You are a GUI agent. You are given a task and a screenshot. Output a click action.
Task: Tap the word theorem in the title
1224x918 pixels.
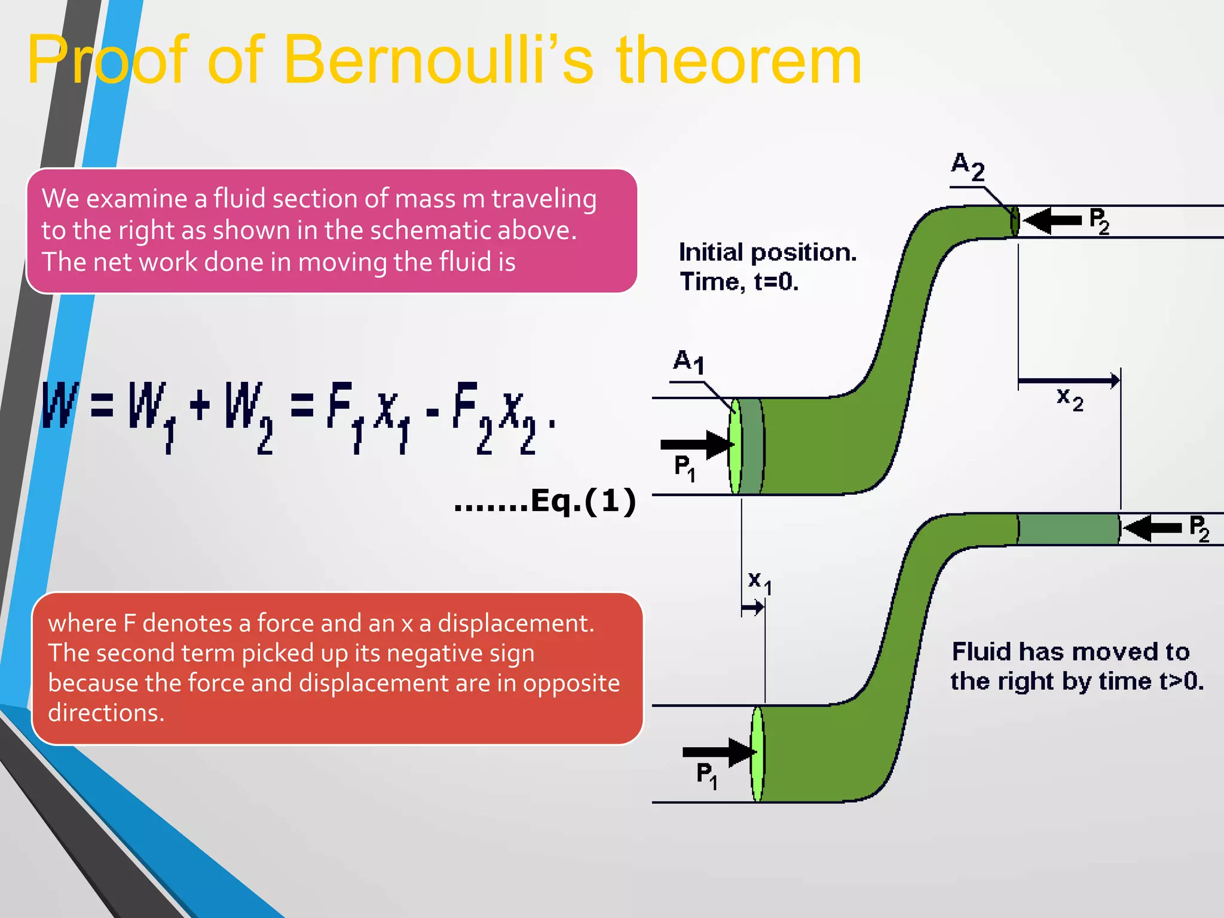click(x=739, y=60)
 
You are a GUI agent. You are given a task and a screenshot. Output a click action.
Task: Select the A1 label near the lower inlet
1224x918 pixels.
click(x=688, y=362)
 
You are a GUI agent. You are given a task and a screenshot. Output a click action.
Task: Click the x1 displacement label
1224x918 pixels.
click(x=760, y=582)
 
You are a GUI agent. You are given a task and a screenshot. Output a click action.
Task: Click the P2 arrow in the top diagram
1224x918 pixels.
click(x=1052, y=221)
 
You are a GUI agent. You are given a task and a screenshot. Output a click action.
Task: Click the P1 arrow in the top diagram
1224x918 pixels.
click(x=697, y=444)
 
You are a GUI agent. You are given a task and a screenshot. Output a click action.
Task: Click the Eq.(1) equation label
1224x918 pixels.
click(x=583, y=501)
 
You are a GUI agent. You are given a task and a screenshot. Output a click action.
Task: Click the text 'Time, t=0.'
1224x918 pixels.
click(x=739, y=281)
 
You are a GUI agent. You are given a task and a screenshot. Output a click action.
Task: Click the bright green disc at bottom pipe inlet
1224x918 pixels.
click(x=757, y=754)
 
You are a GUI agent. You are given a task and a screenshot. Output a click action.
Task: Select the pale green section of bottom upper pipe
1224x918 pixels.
click(x=1068, y=529)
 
